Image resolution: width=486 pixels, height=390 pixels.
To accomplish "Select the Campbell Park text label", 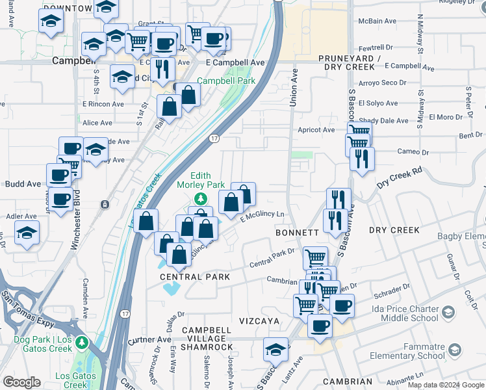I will [x=226, y=81].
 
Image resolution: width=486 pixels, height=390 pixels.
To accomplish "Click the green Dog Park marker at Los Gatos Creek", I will [x=81, y=342].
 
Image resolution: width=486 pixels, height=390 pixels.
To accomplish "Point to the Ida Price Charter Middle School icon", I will [x=447, y=313].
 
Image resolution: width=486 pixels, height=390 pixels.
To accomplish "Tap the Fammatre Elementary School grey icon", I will [x=454, y=351].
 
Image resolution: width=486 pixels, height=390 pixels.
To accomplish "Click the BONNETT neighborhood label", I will [x=297, y=232].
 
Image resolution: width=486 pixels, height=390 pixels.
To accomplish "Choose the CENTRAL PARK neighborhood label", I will [x=196, y=277].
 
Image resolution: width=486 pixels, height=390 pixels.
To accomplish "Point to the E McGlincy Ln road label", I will [x=263, y=217].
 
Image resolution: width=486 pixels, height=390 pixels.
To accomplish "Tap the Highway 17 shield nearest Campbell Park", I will [x=214, y=138].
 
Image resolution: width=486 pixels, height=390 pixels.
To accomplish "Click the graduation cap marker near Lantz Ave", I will [x=276, y=350].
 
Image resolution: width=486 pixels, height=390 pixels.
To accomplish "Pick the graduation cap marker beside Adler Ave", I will [x=27, y=232].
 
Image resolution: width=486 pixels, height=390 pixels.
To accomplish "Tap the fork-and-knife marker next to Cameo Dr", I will [x=362, y=157].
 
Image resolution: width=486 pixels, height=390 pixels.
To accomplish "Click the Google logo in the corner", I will [x=21, y=382].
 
